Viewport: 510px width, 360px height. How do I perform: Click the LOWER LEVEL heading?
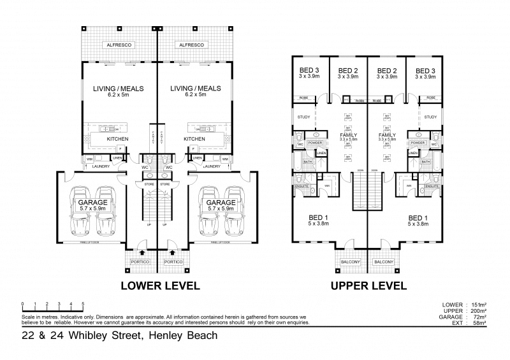pos(160,285)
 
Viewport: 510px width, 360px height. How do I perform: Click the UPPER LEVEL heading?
pos(368,285)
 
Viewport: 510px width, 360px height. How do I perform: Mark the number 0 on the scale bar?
pos(22,303)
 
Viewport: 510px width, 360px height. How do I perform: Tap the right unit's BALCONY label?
pos(384,262)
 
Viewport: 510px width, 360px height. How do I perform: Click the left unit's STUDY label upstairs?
pos(303,117)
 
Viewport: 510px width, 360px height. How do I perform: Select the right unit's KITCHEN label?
pos(194,138)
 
